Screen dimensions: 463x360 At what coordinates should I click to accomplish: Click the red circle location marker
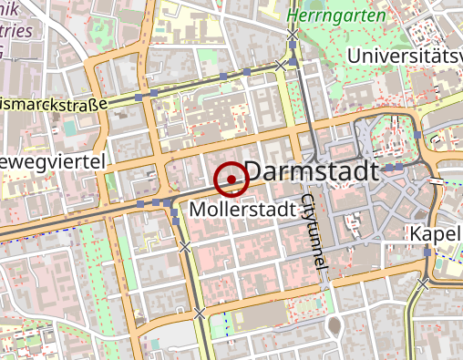231,179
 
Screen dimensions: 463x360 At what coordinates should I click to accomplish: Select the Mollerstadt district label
243,210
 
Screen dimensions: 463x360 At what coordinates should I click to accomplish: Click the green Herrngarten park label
322,15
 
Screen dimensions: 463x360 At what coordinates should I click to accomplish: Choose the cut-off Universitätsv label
405,57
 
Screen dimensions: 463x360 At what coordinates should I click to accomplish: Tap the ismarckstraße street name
55,105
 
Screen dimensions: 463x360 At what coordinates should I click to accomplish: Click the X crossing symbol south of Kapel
423,283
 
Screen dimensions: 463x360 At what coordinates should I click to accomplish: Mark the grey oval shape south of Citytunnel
334,324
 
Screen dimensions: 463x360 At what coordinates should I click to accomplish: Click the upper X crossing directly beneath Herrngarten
293,35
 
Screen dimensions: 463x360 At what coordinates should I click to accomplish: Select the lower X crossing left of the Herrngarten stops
280,65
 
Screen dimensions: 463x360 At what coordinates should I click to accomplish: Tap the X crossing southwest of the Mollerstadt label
186,247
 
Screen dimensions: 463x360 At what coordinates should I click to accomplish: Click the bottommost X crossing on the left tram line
199,313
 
